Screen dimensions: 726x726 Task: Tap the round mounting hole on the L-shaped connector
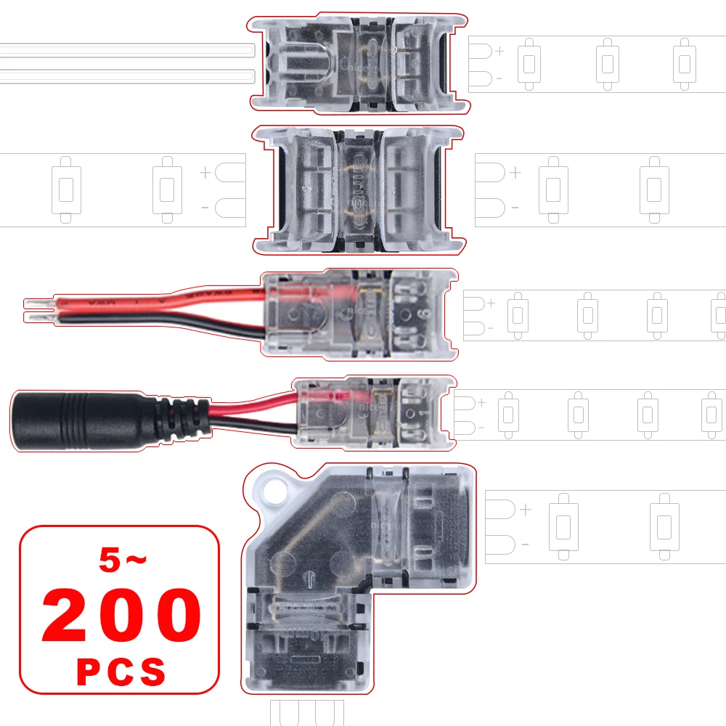(x=272, y=492)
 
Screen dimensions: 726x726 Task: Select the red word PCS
(x=121, y=672)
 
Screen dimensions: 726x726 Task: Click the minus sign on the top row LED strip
(x=499, y=78)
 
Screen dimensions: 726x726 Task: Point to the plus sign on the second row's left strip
(x=205, y=173)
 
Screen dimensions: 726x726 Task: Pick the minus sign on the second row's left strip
(x=205, y=208)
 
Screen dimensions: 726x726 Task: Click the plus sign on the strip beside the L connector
(x=526, y=510)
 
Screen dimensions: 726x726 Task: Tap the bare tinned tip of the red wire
(x=36, y=300)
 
